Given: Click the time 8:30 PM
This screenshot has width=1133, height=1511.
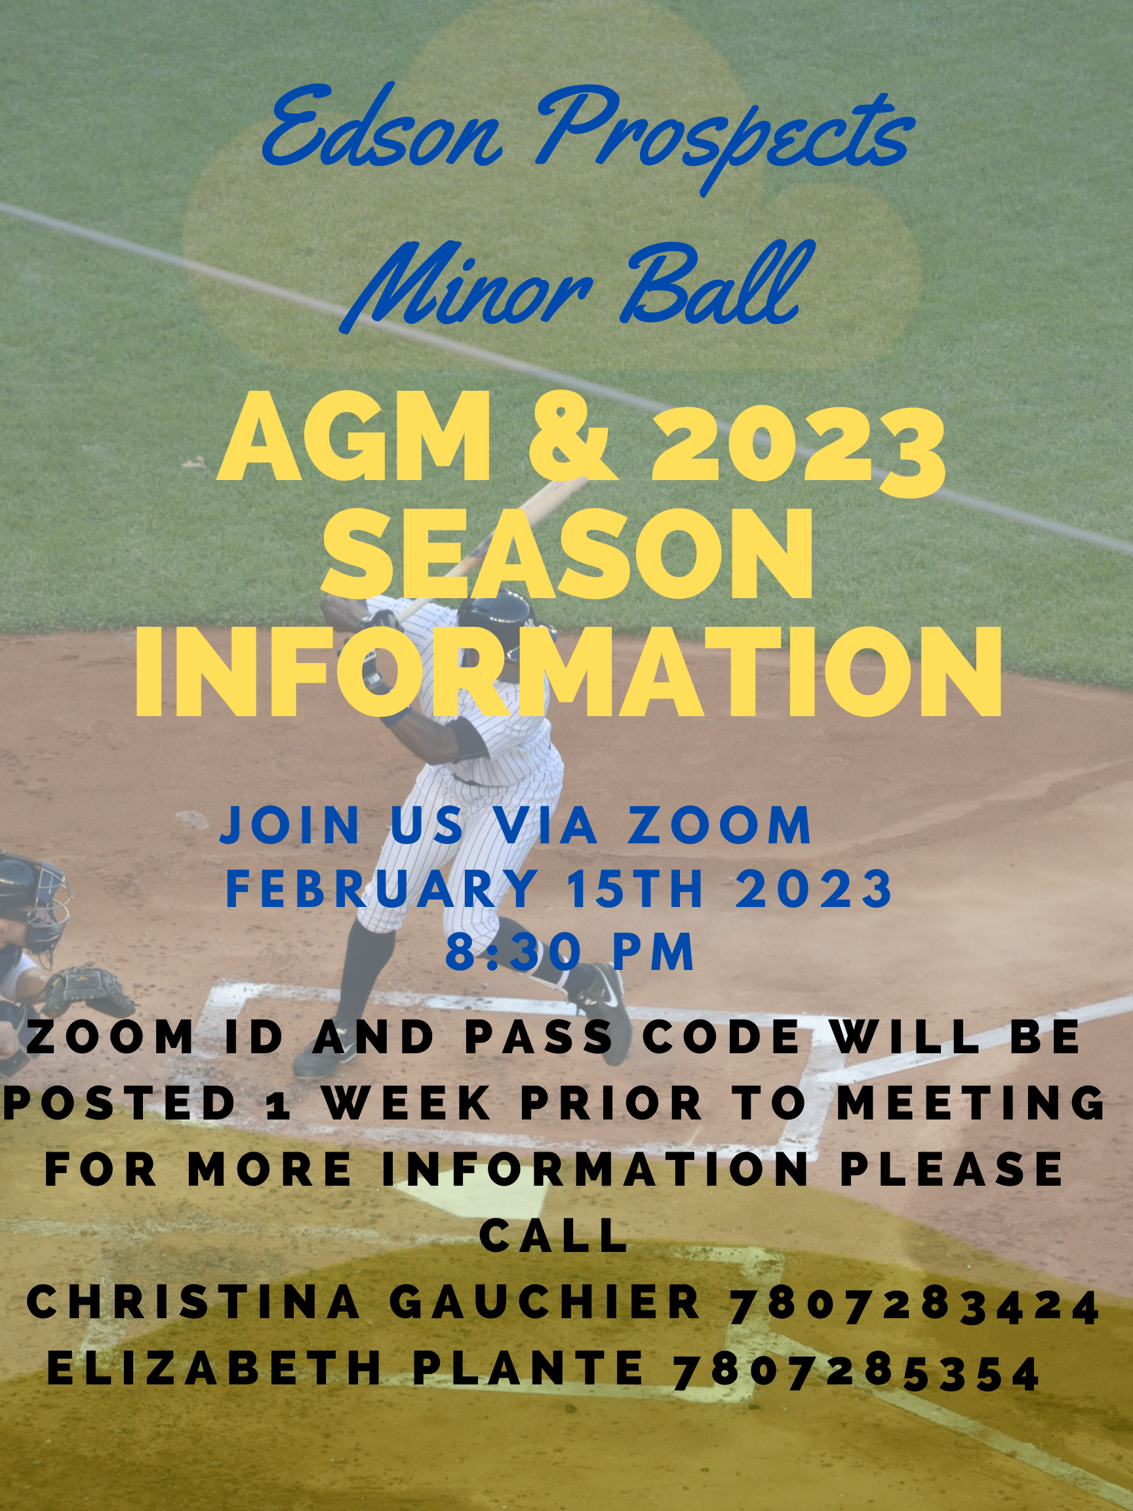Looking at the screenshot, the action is pos(570,952).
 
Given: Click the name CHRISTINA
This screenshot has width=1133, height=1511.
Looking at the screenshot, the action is pos(193,1301).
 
